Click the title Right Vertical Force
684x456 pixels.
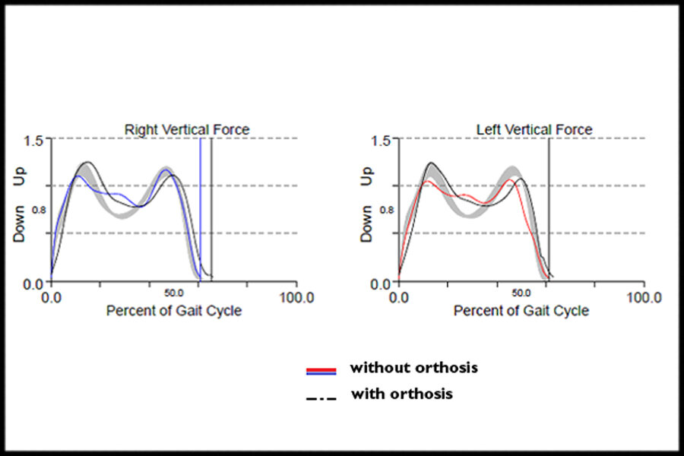tap(187, 130)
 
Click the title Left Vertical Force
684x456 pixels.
tap(534, 130)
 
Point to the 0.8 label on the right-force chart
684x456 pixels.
tap(40, 210)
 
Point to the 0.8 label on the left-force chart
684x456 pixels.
tap(387, 210)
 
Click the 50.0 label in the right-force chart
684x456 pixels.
tap(174, 292)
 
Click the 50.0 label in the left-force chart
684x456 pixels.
tap(521, 292)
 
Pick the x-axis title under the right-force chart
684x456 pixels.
tap(174, 311)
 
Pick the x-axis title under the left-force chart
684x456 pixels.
tap(521, 311)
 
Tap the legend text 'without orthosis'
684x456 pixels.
tap(413, 368)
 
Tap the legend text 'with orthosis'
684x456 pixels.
tap(402, 394)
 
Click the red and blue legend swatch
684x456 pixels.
tap(321, 370)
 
